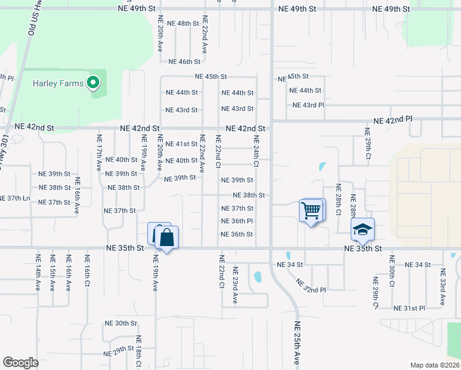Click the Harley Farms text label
click(x=58, y=83)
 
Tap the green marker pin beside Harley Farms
click(x=93, y=82)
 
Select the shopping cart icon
click(x=311, y=211)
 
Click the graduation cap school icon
click(x=362, y=230)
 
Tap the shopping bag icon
click(x=166, y=237)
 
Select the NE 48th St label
click(x=181, y=23)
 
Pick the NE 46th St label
click(x=185, y=62)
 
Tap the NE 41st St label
click(x=182, y=144)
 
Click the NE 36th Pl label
click(x=237, y=221)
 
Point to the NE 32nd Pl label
click(x=310, y=285)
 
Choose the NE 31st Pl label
click(x=409, y=308)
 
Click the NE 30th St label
click(x=120, y=323)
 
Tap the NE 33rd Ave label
click(x=443, y=287)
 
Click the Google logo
click(x=20, y=363)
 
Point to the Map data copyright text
click(x=434, y=365)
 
